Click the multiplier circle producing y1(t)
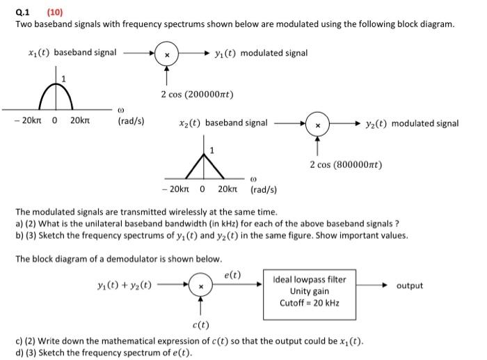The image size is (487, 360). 167,54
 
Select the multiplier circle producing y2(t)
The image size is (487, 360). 317,124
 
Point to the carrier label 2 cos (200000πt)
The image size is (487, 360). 197,94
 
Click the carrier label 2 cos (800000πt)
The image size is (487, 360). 346,165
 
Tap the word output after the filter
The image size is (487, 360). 409,285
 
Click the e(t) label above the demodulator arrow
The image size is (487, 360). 232,274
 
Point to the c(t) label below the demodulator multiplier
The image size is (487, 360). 200,324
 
